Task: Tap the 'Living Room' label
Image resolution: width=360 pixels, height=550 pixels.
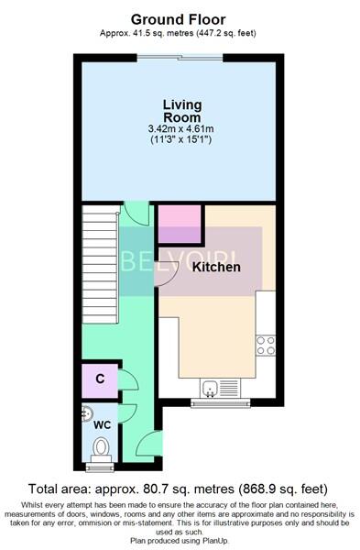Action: tap(182, 111)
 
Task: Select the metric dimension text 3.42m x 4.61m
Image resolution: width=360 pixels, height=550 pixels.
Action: tap(182, 129)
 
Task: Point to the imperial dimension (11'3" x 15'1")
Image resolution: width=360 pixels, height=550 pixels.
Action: tap(182, 141)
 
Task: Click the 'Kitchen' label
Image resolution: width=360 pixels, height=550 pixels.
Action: tap(216, 267)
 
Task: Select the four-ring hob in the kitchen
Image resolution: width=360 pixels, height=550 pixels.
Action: tap(266, 345)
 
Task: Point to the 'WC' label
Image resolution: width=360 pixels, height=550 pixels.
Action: tap(101, 424)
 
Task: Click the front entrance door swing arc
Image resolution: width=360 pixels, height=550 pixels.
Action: tap(144, 445)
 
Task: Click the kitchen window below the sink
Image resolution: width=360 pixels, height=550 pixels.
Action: tap(220, 401)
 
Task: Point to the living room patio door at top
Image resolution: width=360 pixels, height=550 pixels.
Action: tap(180, 59)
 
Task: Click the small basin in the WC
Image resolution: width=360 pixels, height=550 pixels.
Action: tap(87, 412)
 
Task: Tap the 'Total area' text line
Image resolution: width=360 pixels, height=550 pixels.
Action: tap(180, 489)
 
